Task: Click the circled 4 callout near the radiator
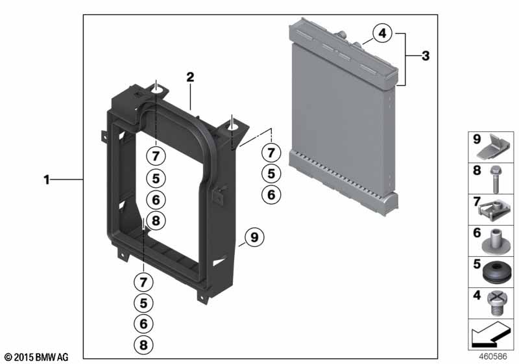click(x=382, y=33)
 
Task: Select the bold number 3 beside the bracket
click(x=426, y=56)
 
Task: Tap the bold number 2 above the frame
click(x=190, y=77)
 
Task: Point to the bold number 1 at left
click(x=47, y=179)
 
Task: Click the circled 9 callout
click(x=254, y=237)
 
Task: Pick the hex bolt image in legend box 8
click(x=496, y=179)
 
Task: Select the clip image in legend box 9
click(x=494, y=147)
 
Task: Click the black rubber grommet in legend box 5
click(x=496, y=272)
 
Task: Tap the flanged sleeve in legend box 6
click(x=496, y=241)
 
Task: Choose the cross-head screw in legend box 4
click(x=496, y=304)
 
